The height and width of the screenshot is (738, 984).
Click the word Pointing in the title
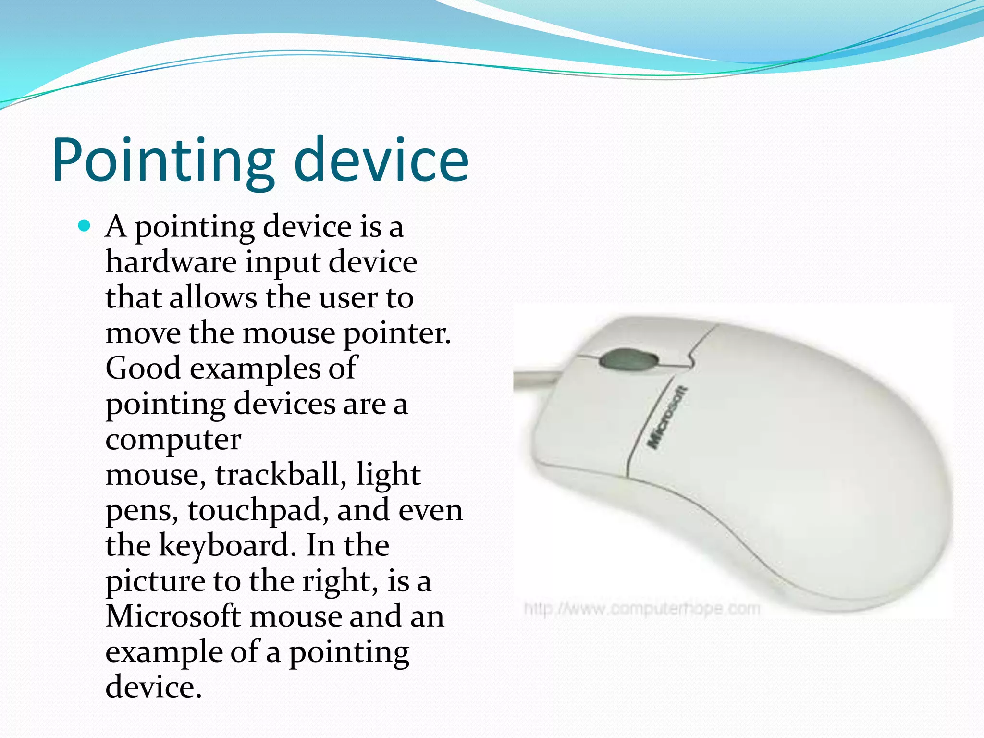pos(163,161)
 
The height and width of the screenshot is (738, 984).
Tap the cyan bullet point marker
pos(84,225)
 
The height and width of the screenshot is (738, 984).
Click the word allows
pos(213,297)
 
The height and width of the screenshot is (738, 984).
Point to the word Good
pos(143,368)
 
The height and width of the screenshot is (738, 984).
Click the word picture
pos(155,582)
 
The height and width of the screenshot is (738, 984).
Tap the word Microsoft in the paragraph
pos(173,616)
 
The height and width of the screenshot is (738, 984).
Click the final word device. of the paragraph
pos(153,687)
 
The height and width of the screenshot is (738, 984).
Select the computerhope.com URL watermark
pos(642,609)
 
